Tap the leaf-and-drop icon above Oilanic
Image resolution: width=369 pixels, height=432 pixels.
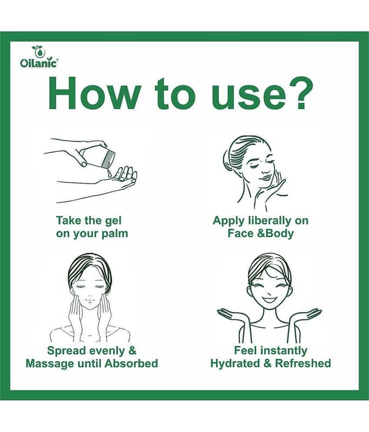click(37, 51)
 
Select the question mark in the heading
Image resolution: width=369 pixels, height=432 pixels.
click(297, 93)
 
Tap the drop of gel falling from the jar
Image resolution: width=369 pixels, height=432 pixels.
click(110, 173)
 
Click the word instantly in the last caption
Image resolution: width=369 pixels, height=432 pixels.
click(284, 352)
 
